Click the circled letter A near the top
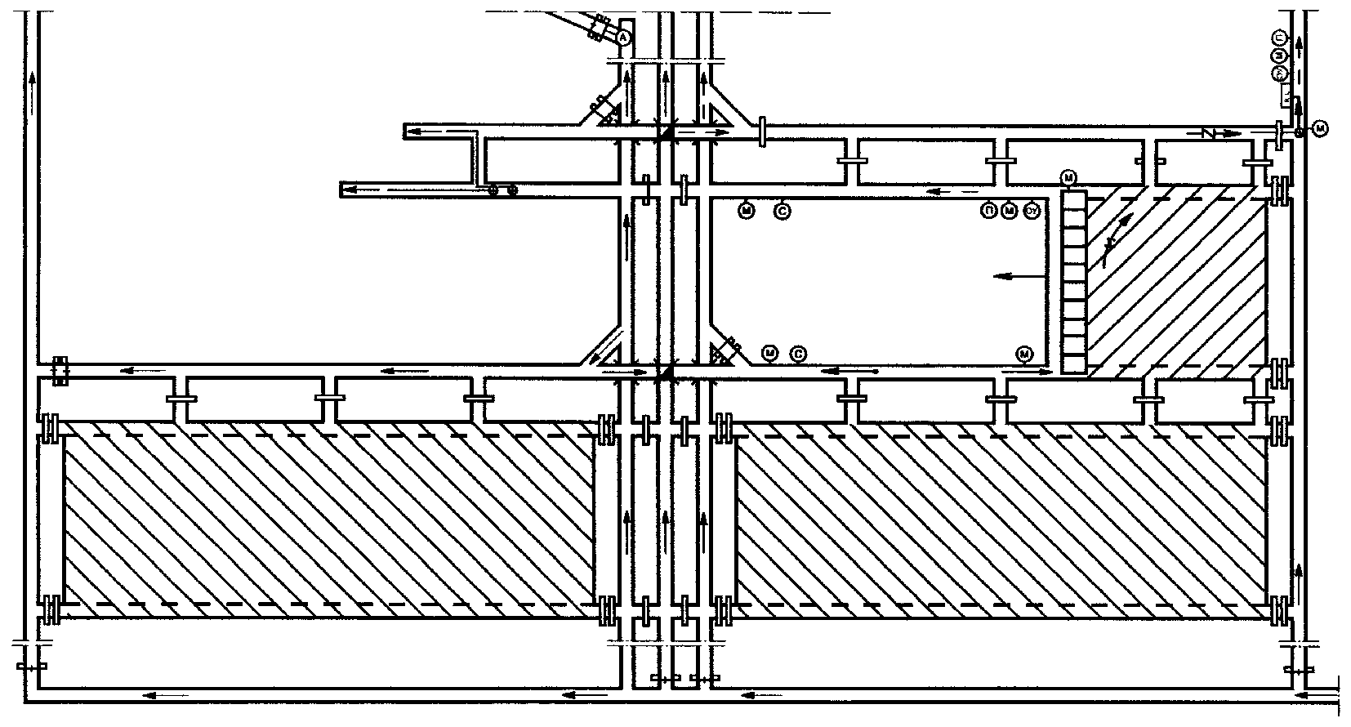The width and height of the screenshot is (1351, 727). pos(623,37)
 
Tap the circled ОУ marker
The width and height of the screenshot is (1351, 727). pos(1032,212)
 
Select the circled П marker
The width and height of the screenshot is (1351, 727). pos(989,212)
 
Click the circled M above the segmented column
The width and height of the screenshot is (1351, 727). pos(1068,178)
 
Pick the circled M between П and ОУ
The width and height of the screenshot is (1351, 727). pos(1010,212)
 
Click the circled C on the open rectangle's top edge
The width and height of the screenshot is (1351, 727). pos(782,212)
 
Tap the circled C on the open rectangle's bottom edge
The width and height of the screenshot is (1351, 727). pos(799,354)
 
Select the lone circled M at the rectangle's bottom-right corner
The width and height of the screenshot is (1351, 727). pos(1023,354)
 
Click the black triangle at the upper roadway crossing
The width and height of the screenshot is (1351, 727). pos(666,132)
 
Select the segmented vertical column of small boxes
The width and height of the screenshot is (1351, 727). pos(1074,282)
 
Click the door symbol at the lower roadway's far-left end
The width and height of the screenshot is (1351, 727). pos(59,371)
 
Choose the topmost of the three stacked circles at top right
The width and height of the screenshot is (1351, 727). pos(1280,38)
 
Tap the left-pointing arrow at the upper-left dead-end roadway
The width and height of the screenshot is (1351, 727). pos(425,132)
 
